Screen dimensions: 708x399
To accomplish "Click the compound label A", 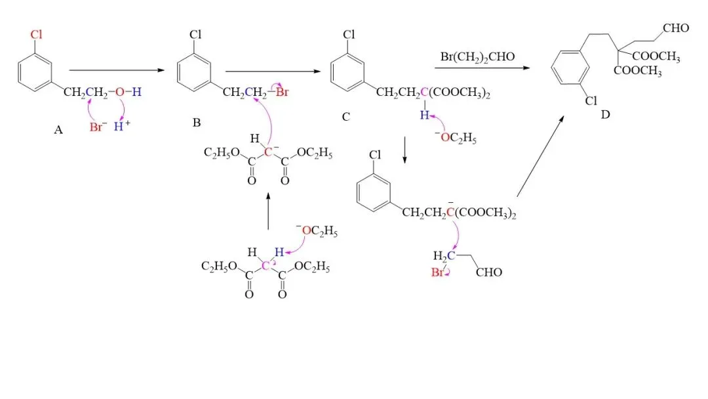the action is pos(58,130).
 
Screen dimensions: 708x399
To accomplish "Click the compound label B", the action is pos(197,123).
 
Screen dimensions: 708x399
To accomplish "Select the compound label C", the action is pos(346,117).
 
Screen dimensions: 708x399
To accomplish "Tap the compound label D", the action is pos(606,115).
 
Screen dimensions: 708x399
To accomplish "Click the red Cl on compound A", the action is pos(36,34).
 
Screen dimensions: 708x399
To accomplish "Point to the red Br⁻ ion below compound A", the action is pos(98,127).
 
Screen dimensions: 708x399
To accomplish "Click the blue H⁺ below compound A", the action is pos(121,126).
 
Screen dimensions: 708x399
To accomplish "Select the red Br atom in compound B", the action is pos(282,92).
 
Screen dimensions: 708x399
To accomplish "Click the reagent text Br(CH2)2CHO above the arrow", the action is pos(477,57).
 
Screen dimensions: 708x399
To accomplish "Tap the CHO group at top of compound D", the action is pos(676,28).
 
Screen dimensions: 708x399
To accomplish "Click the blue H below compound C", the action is pos(424,115).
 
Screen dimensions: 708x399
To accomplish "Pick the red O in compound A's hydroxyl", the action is pos(120,92).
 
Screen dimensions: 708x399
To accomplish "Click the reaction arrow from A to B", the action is pos(117,70).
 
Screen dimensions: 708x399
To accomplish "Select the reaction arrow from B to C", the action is pos(273,71).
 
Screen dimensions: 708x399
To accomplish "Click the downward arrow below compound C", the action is pos(404,150).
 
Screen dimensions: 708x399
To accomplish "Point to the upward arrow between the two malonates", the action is pos(268,211).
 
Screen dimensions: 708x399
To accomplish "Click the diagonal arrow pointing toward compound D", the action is pos(540,156).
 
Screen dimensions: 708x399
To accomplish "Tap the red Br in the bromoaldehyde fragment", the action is pos(437,272).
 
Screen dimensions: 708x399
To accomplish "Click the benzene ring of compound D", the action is pos(570,67).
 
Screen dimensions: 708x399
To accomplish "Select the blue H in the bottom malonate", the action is pos(279,252).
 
